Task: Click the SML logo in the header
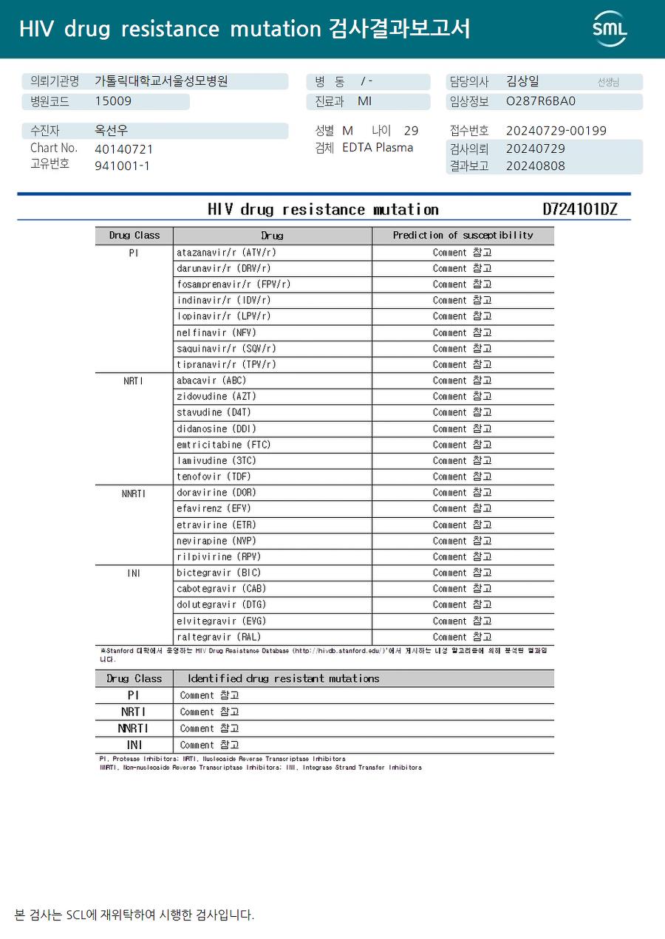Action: point(610,29)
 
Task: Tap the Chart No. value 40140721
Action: point(124,148)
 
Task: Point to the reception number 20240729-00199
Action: point(556,131)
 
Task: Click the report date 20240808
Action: point(535,165)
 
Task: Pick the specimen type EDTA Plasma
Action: point(378,148)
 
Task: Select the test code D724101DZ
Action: point(579,209)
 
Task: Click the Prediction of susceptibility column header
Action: point(463,236)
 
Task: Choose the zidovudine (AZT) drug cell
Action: point(216,397)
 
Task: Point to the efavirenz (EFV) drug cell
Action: point(214,508)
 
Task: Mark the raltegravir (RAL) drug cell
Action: point(219,637)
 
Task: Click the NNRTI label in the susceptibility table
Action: point(134,494)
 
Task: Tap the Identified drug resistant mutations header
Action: point(283,678)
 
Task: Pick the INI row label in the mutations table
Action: point(134,745)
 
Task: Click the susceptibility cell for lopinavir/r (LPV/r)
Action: point(463,316)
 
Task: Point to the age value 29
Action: point(411,131)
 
